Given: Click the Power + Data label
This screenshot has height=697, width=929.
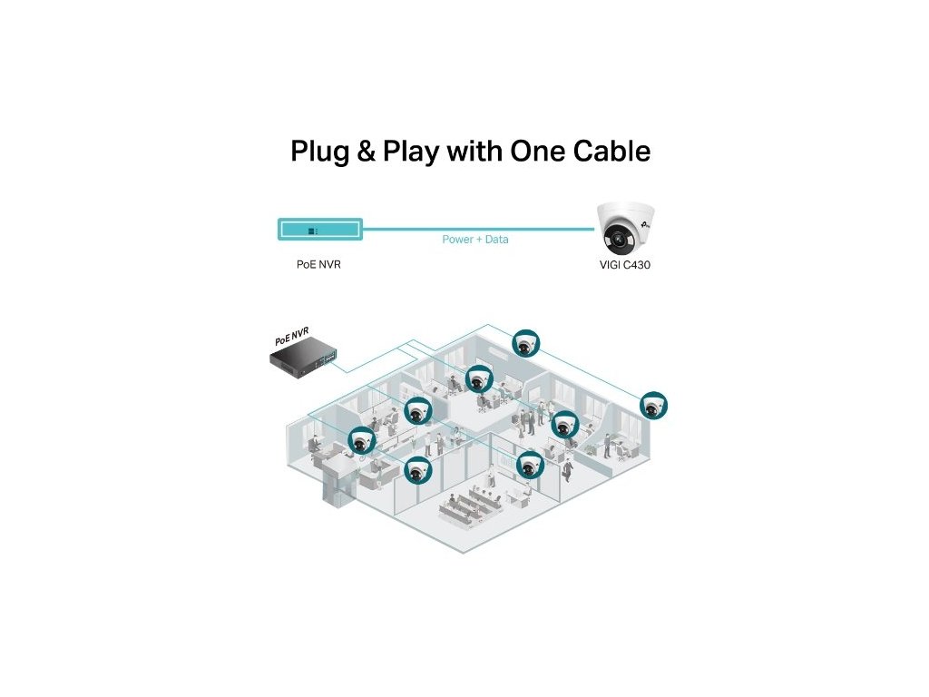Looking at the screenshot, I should click(475, 240).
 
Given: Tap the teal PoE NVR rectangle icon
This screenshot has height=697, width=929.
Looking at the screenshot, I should click(319, 229).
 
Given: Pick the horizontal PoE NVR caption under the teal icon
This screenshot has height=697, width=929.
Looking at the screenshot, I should click(318, 265).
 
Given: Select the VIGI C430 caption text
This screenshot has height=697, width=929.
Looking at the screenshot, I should click(625, 265).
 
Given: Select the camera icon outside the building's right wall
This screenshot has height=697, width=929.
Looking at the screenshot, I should click(653, 406).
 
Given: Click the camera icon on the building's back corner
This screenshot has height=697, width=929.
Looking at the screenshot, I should click(524, 343).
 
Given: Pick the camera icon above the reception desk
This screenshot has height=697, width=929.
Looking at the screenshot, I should click(362, 441).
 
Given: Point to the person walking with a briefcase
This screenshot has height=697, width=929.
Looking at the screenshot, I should click(567, 469).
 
